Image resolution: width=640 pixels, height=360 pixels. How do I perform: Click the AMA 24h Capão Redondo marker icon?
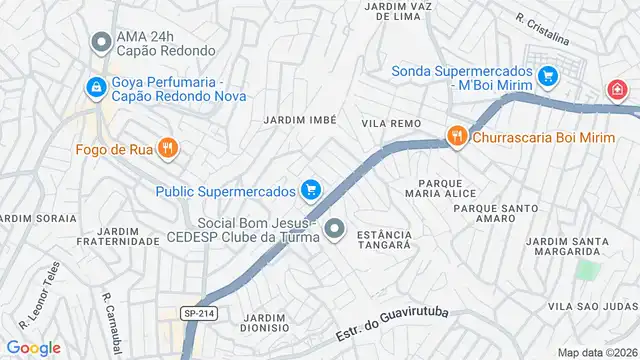[99, 43]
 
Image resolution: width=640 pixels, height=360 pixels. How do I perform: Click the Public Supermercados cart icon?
[311, 189]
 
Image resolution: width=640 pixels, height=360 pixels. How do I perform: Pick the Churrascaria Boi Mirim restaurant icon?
[457, 137]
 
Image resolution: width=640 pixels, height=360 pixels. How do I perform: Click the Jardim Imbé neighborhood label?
[299, 119]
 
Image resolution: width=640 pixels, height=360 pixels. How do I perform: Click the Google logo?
[33, 347]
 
